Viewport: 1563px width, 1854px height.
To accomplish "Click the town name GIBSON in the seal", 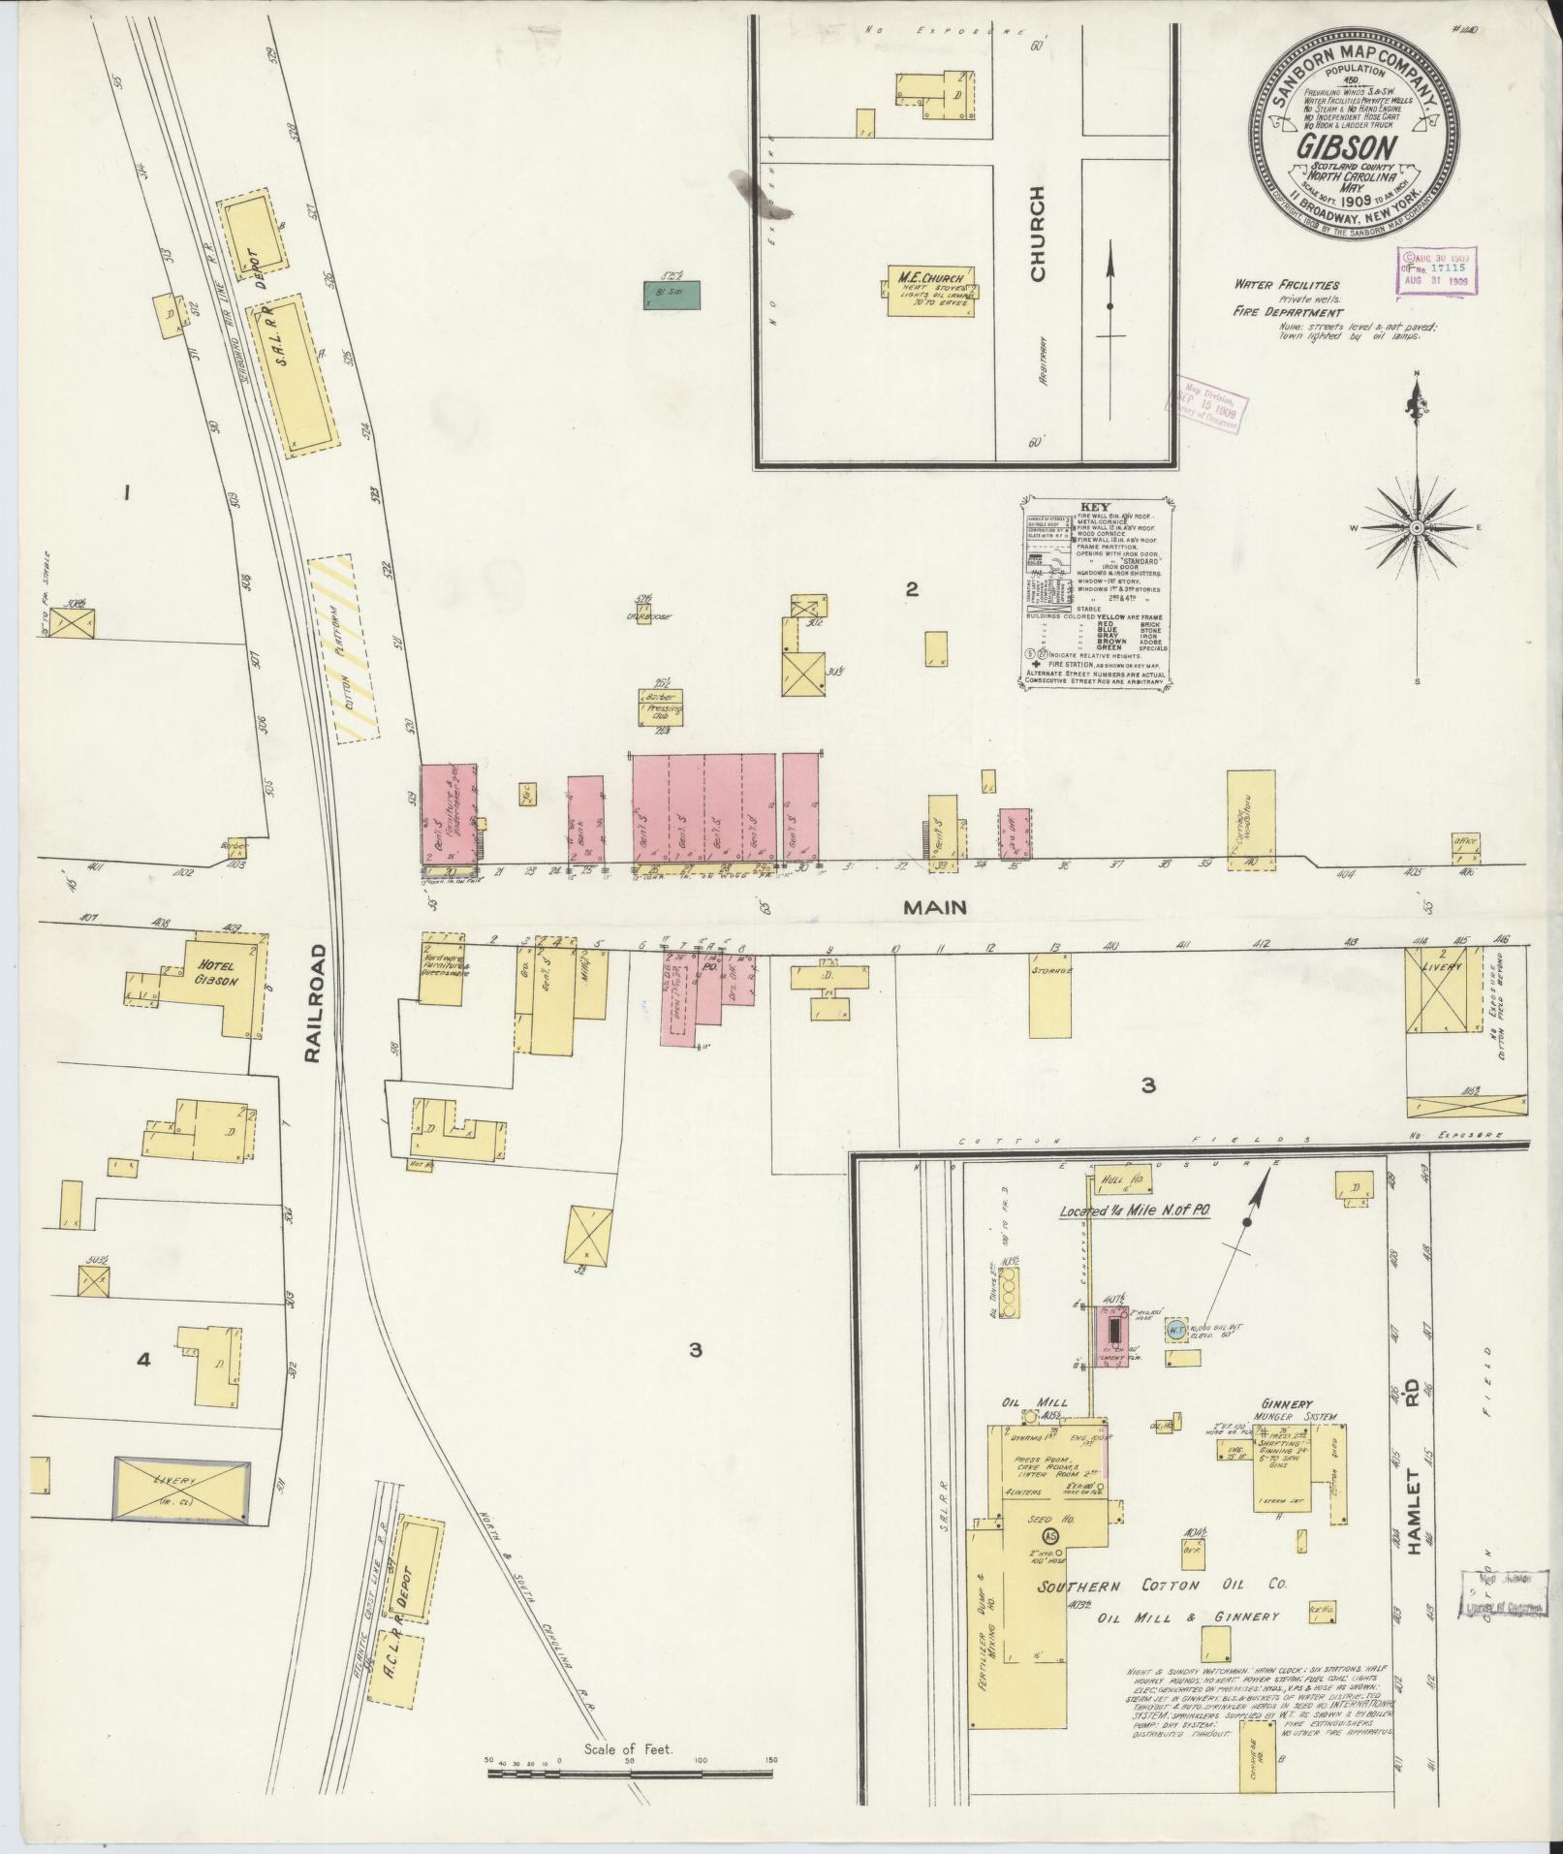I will click(x=1347, y=148).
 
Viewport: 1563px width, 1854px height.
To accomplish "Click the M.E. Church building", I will click(x=928, y=291).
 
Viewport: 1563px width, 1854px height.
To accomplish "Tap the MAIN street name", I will click(x=935, y=907).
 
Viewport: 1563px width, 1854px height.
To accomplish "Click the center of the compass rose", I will click(x=1416, y=527).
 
